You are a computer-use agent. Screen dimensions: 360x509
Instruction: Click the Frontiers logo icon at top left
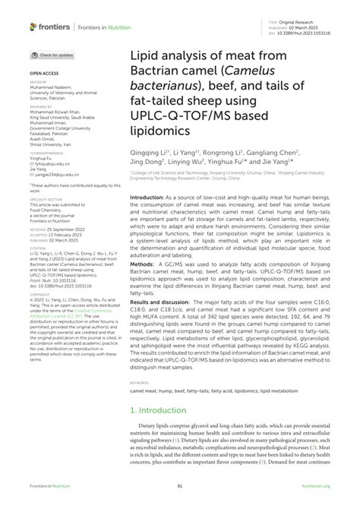point(33,27)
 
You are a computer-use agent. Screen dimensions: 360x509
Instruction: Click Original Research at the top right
point(301,22)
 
